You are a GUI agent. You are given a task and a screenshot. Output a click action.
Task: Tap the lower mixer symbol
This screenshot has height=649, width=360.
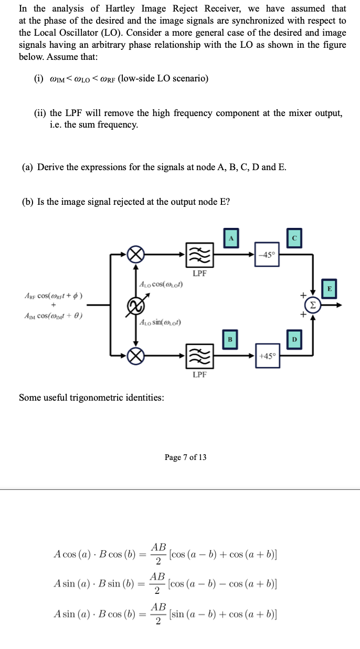pyautogui.click(x=136, y=356)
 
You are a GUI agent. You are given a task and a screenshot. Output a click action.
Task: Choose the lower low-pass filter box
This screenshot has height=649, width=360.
pyautogui.click(x=199, y=356)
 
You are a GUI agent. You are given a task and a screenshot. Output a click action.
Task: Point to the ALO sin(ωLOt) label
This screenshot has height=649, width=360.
pyautogui.click(x=160, y=322)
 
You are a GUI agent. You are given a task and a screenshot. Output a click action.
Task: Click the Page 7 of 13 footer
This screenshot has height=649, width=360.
pyautogui.click(x=185, y=457)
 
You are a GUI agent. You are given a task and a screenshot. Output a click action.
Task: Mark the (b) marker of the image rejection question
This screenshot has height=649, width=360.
pyautogui.click(x=28, y=202)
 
